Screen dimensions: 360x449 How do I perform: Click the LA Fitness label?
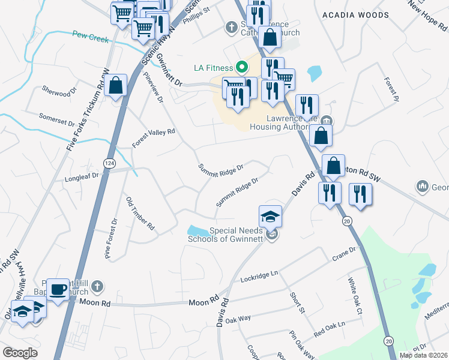[x=212, y=67]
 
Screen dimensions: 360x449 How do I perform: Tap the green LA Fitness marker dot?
[x=242, y=67]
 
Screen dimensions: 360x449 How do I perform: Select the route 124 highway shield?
[x=109, y=163]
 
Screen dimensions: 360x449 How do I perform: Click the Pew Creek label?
[x=90, y=37]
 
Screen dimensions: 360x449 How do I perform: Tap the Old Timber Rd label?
[x=140, y=213]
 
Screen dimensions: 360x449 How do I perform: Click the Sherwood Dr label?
[x=59, y=91]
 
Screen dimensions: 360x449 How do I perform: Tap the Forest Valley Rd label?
[x=154, y=139]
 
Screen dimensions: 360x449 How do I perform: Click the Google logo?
[x=20, y=353]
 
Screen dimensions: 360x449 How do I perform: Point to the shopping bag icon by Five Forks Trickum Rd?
[x=116, y=86]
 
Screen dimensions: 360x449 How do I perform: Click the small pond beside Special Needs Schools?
[x=196, y=230]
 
